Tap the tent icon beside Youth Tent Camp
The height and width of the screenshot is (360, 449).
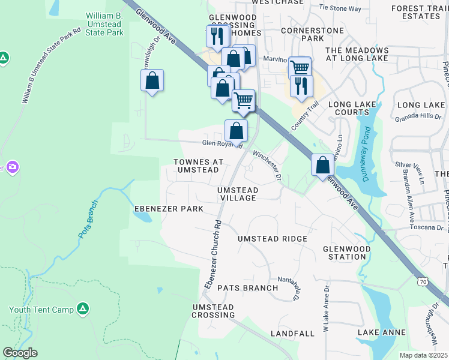point(83,309)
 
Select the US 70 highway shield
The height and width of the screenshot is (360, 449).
point(424,281)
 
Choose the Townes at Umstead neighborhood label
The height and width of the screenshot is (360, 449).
point(198,166)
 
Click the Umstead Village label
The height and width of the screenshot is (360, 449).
point(238,194)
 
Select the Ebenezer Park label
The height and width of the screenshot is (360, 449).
point(168,208)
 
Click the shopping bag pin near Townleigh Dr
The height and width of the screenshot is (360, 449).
point(152,80)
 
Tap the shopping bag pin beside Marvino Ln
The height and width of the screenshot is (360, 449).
point(322,164)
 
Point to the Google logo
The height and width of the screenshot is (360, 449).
point(20,353)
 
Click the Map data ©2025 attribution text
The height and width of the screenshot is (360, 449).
point(424,355)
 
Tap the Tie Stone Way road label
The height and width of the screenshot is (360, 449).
point(340,8)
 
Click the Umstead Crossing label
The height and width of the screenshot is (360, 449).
point(213,311)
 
